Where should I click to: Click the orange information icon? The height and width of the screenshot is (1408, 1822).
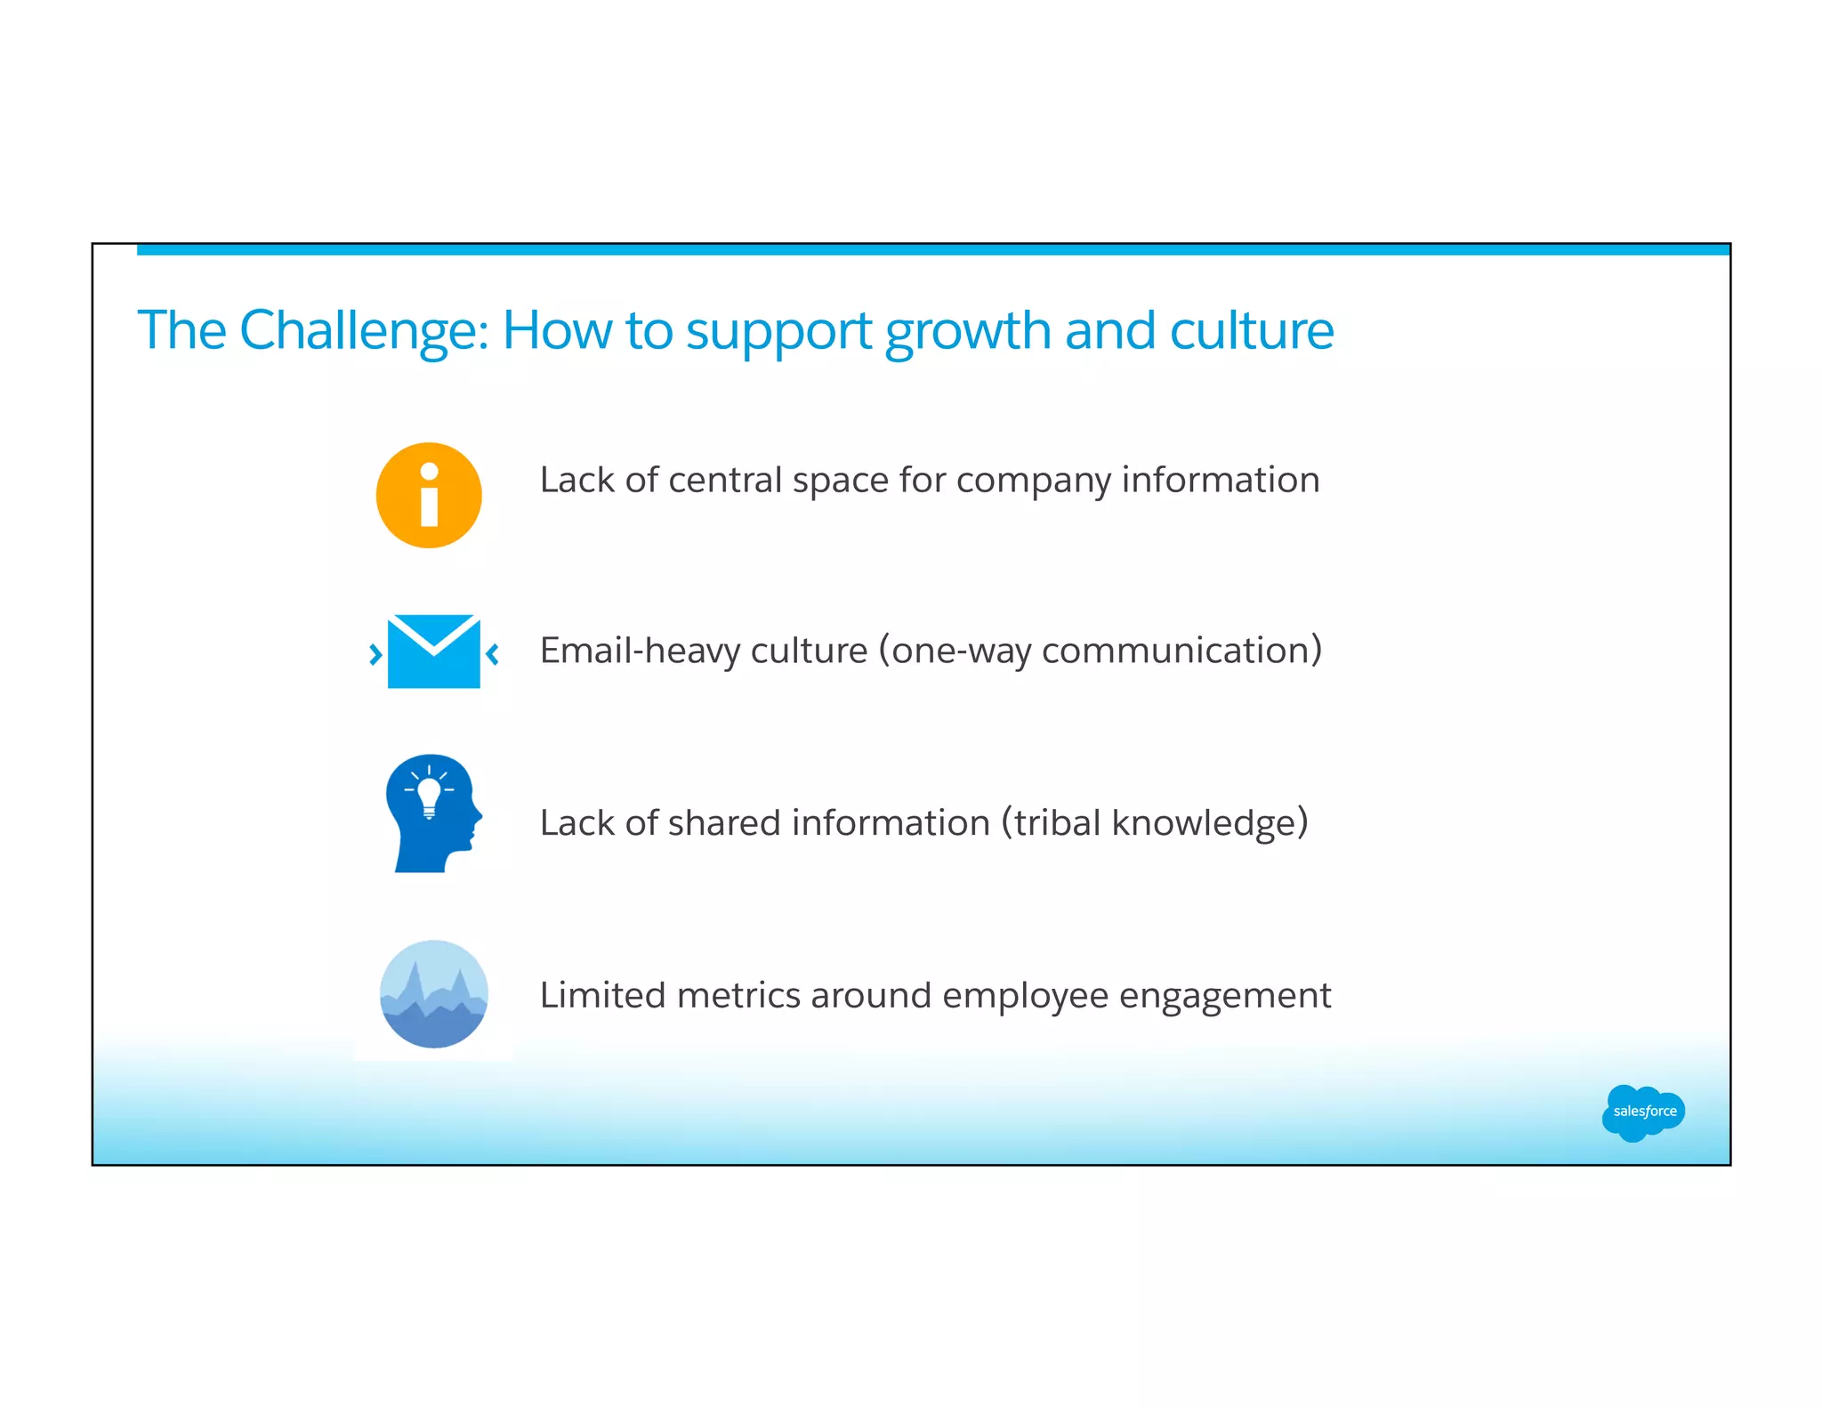(429, 496)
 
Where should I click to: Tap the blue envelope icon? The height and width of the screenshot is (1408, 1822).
(434, 651)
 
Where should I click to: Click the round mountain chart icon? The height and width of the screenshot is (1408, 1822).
(434, 994)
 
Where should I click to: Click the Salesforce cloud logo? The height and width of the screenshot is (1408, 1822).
(1643, 1112)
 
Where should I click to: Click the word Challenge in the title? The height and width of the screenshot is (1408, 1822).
(364, 331)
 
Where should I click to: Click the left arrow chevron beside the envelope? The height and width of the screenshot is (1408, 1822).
(375, 655)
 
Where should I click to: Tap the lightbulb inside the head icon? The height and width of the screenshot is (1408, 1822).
(430, 794)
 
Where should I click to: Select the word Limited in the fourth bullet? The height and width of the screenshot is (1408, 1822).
(602, 996)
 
